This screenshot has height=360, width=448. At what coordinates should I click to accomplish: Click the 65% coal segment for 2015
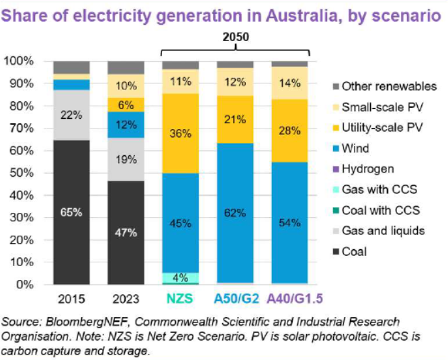[71, 212]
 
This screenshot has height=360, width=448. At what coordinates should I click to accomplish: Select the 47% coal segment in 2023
[126, 232]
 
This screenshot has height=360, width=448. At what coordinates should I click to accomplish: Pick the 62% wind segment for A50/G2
[234, 213]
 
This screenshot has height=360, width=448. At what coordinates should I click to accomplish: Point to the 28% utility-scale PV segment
[289, 130]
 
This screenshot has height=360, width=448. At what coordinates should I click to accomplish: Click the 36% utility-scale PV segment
[180, 133]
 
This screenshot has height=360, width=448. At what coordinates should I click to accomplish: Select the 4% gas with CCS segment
[180, 277]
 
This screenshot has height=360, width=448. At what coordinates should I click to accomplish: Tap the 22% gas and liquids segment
[71, 115]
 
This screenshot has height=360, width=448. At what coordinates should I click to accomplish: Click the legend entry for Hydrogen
[367, 169]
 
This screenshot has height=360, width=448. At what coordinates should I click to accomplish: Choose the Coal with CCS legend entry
[382, 210]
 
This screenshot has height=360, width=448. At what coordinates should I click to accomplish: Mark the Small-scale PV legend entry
[381, 107]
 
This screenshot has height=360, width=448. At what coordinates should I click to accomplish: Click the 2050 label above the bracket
[234, 38]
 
